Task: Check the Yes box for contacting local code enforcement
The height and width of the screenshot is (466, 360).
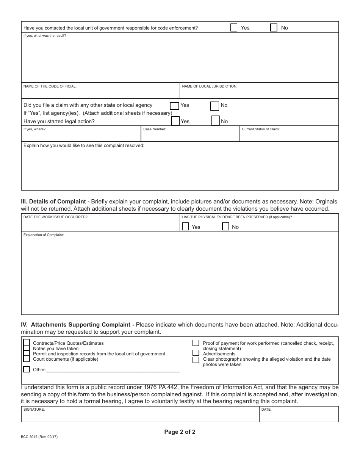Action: (234, 28)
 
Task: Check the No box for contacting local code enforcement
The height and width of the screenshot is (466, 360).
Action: (274, 28)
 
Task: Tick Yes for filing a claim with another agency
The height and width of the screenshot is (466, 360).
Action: (174, 106)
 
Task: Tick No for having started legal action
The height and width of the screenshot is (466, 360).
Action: (216, 121)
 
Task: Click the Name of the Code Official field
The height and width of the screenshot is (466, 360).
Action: (100, 93)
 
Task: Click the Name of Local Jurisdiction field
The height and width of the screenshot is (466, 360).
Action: (259, 93)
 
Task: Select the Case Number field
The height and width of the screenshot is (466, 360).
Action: (190, 136)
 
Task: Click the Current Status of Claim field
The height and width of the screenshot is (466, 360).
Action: (289, 136)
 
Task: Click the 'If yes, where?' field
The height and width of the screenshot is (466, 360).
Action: (81, 136)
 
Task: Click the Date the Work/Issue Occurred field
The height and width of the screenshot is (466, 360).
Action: (100, 225)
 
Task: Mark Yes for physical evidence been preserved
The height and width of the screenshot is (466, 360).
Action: (186, 227)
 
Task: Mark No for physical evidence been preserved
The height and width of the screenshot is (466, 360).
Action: (225, 227)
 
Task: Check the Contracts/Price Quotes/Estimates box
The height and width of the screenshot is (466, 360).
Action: (27, 342)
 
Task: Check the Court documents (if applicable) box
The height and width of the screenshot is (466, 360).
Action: (27, 359)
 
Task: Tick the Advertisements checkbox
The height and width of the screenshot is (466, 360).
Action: (196, 353)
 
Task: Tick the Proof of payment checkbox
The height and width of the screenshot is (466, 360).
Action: (196, 343)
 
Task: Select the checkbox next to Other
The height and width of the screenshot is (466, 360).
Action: (27, 369)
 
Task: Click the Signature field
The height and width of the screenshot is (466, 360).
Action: (140, 416)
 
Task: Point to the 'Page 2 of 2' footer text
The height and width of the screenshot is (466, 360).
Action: (180, 432)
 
